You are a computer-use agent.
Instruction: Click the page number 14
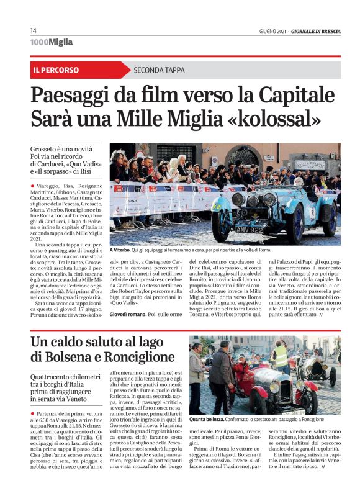pos(34,31)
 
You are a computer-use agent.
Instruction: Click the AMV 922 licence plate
pos(252,230)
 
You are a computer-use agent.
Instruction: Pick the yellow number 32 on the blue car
pos(217,204)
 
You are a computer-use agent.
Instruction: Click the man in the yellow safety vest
pos(281,359)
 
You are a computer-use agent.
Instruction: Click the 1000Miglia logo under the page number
pos(51,42)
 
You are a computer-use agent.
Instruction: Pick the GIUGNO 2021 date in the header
pos(273,31)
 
